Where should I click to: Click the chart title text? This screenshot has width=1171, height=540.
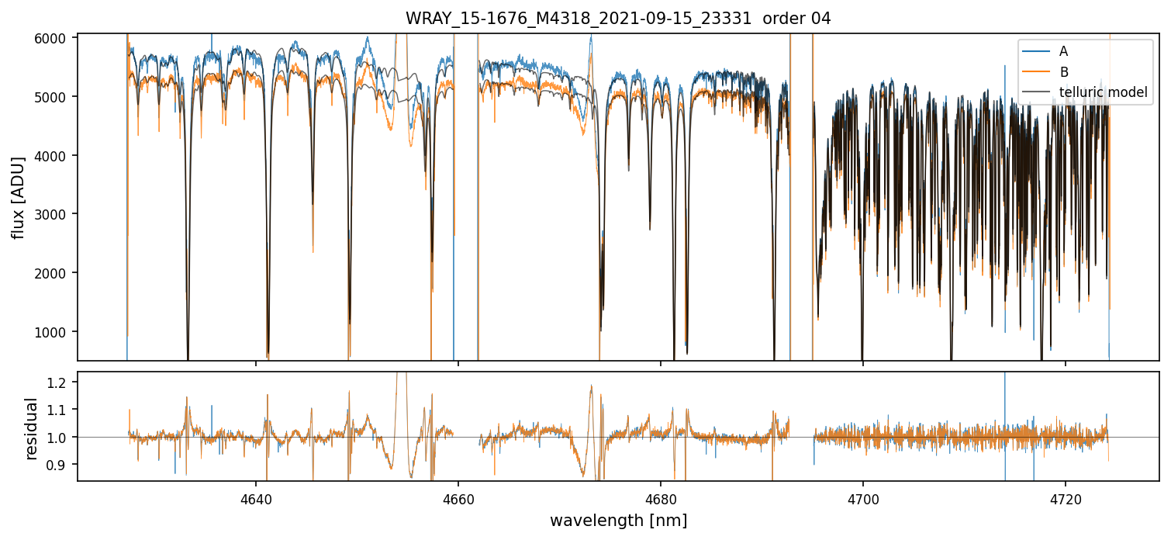tap(618, 19)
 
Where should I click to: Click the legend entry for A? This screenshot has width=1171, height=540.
tap(1063, 51)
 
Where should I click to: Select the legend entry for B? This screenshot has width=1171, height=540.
tap(1063, 72)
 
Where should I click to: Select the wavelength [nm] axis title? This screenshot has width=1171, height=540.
tap(618, 521)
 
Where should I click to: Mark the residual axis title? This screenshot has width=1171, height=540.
tap(32, 428)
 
